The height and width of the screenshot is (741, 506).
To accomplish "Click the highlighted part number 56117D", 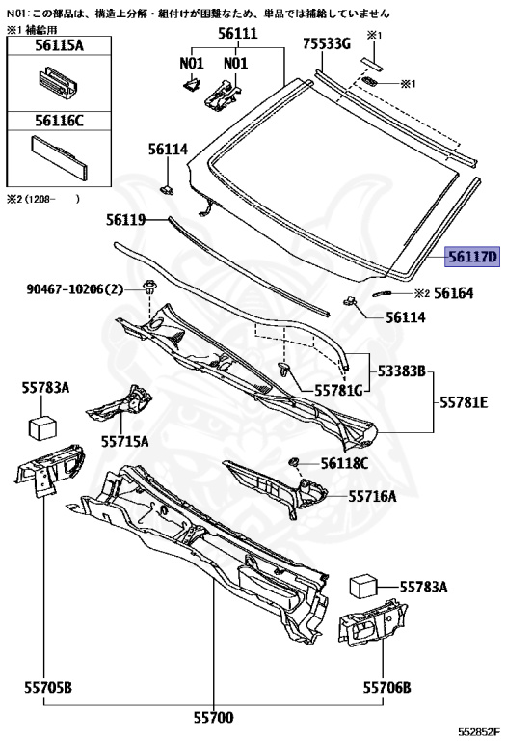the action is click(472, 257).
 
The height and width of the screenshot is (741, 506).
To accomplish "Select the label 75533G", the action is click(327, 44).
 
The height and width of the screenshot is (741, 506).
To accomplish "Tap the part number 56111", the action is click(237, 33).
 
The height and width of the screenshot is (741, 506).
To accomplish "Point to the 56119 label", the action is click(125, 220).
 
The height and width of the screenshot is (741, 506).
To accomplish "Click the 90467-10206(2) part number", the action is click(74, 288).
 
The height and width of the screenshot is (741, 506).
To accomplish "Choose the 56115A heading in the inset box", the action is click(59, 45).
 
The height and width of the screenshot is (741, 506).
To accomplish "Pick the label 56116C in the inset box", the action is click(59, 121).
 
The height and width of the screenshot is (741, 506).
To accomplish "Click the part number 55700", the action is click(213, 718).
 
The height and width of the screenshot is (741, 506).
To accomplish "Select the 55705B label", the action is click(48, 687).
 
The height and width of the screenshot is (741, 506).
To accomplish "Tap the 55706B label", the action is click(386, 687).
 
